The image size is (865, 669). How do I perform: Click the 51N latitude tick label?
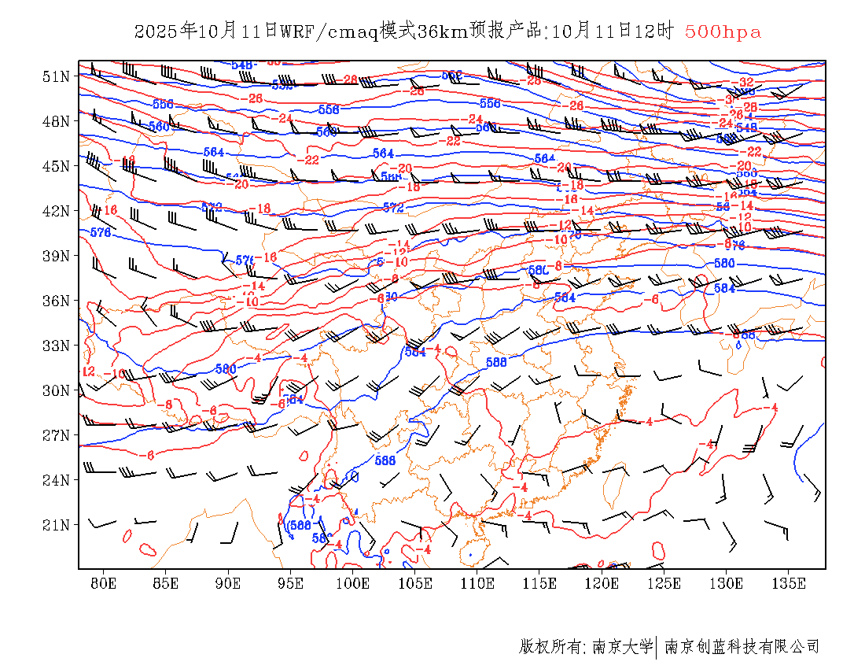click(56, 76)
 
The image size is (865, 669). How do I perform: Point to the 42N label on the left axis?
click(56, 211)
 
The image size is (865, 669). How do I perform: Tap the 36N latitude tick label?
click(56, 301)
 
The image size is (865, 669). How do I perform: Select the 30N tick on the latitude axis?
click(56, 390)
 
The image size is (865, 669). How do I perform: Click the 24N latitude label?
click(56, 479)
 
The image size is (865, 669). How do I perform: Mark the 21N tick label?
click(56, 524)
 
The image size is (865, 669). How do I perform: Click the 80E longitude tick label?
click(103, 583)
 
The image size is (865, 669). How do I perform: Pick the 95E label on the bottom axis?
click(291, 583)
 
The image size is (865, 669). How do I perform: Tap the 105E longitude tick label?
click(415, 583)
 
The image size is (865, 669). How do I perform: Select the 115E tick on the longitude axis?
click(540, 583)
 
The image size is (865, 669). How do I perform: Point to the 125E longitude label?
click(664, 583)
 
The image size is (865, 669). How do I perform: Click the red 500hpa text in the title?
click(723, 32)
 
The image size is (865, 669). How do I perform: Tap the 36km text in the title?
click(443, 32)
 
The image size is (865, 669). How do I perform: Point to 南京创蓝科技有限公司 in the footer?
click(742, 647)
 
